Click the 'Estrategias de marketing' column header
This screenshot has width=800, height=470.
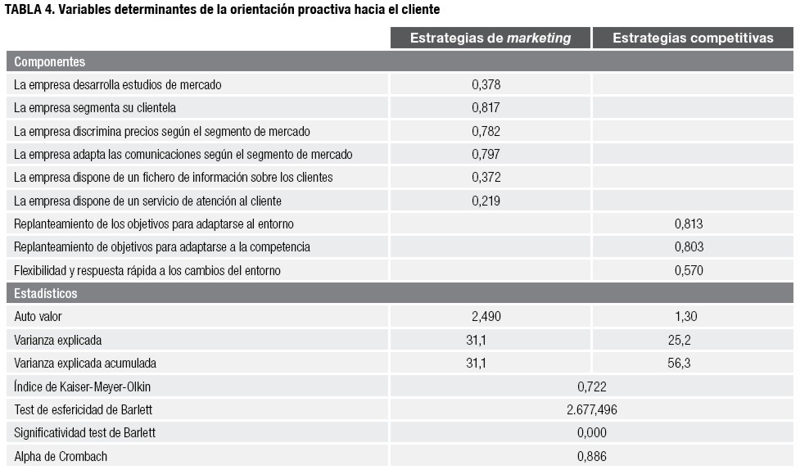click(x=490, y=38)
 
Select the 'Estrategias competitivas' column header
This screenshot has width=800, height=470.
click(x=693, y=38)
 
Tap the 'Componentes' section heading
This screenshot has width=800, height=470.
click(x=49, y=61)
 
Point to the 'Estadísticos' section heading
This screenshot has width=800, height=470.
click(x=46, y=293)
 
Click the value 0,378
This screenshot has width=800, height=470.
click(x=486, y=85)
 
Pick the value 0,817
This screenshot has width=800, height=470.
click(x=486, y=108)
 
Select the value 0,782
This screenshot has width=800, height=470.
click(x=486, y=131)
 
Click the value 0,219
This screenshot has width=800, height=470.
click(x=486, y=201)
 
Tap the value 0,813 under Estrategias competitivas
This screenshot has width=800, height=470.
click(x=689, y=224)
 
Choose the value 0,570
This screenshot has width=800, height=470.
click(x=689, y=270)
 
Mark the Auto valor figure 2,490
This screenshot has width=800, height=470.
click(x=486, y=317)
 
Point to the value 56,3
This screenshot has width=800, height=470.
click(x=679, y=363)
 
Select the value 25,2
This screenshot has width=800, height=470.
click(x=679, y=340)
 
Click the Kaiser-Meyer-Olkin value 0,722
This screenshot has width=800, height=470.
click(x=591, y=386)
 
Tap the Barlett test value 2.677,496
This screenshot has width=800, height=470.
click(x=591, y=409)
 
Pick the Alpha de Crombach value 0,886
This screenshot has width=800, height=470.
click(x=591, y=456)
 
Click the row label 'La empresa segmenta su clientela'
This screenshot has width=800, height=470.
click(x=95, y=108)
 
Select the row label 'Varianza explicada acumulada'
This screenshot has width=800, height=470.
click(x=85, y=363)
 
